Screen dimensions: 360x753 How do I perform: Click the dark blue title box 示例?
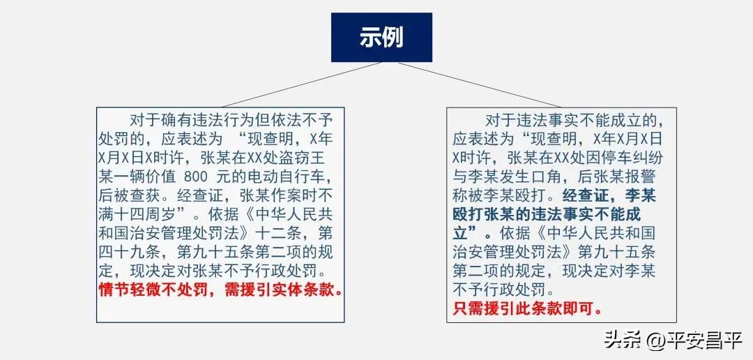tap(381, 37)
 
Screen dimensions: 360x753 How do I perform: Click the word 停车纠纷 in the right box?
tap(627, 156)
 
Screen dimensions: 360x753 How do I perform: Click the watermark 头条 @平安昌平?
tap(673, 341)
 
